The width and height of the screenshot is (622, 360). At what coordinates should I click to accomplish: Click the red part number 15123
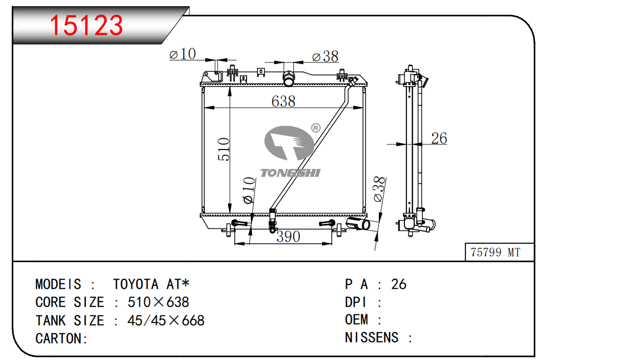86,26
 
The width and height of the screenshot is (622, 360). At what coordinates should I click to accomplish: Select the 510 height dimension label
224,150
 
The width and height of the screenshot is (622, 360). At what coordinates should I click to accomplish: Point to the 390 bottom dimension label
288,237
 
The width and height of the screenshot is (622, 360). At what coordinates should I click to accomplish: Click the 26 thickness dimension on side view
439,138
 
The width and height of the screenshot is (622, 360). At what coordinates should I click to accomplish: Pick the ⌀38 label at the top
325,56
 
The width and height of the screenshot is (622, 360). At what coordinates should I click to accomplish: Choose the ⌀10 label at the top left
182,54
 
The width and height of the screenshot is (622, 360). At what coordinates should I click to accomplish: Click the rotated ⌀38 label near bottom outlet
379,189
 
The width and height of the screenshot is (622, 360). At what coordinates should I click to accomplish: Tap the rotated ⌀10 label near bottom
249,190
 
